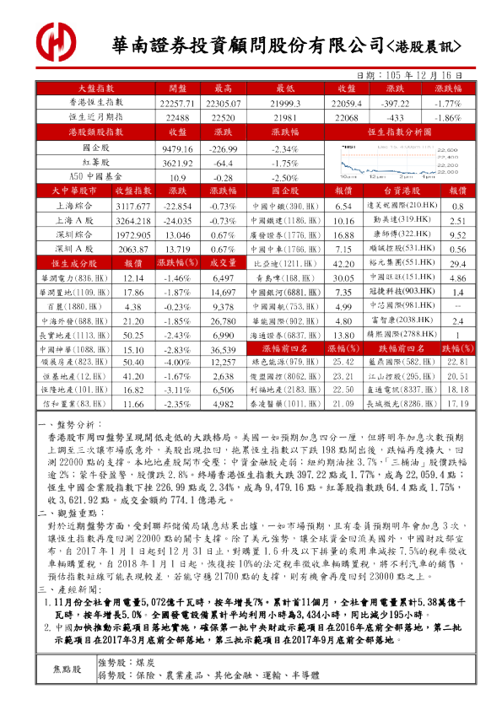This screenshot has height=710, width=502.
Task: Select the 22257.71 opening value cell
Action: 177,101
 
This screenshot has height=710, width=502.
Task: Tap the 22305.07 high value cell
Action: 224,101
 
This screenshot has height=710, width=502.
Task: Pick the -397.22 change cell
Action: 395,101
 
